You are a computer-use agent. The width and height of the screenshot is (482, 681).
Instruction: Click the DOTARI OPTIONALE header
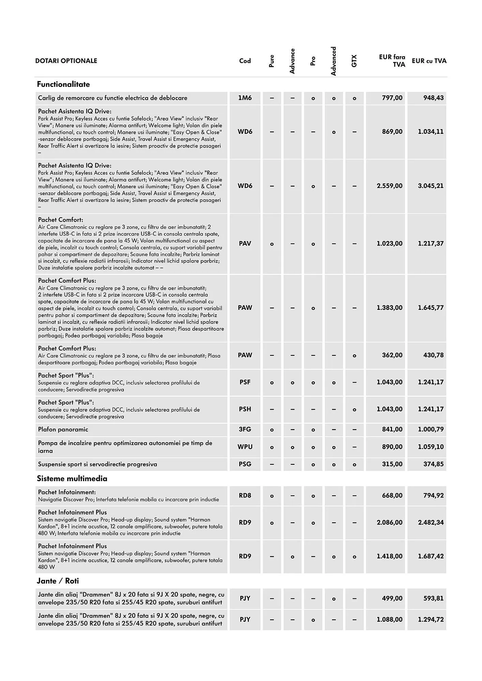[66, 61]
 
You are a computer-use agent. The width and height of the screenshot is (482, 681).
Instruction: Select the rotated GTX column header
[354, 61]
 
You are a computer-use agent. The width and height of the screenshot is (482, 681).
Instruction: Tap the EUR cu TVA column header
[429, 61]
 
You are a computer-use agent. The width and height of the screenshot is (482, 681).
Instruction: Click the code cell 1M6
[245, 98]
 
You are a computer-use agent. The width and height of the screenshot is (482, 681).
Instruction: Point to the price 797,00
[392, 98]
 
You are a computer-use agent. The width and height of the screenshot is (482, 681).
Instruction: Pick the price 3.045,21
[431, 186]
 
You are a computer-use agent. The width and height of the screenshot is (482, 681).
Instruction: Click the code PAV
[245, 243]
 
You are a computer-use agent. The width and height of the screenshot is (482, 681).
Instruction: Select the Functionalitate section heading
[63, 84]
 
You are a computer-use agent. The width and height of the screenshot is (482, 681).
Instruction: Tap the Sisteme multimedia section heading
[72, 478]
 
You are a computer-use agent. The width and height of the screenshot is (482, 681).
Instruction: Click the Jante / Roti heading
[58, 581]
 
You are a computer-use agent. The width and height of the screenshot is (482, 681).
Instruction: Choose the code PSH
[245, 409]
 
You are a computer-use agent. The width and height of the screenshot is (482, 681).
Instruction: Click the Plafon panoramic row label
[63, 429]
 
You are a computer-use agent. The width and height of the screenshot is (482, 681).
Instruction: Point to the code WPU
[245, 447]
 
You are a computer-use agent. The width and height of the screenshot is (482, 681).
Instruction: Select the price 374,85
[433, 464]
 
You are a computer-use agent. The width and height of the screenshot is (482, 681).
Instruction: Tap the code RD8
[245, 495]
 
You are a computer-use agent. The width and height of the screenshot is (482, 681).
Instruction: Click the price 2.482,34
[431, 522]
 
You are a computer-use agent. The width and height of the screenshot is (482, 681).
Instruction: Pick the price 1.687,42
[431, 556]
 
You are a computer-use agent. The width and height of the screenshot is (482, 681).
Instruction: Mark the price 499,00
[392, 598]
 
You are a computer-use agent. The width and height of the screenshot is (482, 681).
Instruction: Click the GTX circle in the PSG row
[355, 464]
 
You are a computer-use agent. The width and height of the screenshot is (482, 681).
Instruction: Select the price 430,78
[433, 355]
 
